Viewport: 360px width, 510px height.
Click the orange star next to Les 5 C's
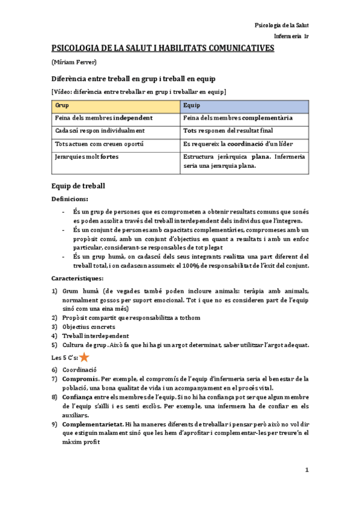pos(85,357)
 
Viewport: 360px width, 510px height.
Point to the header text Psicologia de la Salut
pos(281,25)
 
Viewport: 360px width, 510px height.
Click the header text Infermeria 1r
pos(291,37)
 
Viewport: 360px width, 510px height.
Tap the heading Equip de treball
pos(79,186)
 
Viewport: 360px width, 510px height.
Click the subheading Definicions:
pos(70,199)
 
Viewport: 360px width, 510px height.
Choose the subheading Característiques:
pos(77,278)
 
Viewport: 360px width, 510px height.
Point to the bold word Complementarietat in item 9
pos(91,424)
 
